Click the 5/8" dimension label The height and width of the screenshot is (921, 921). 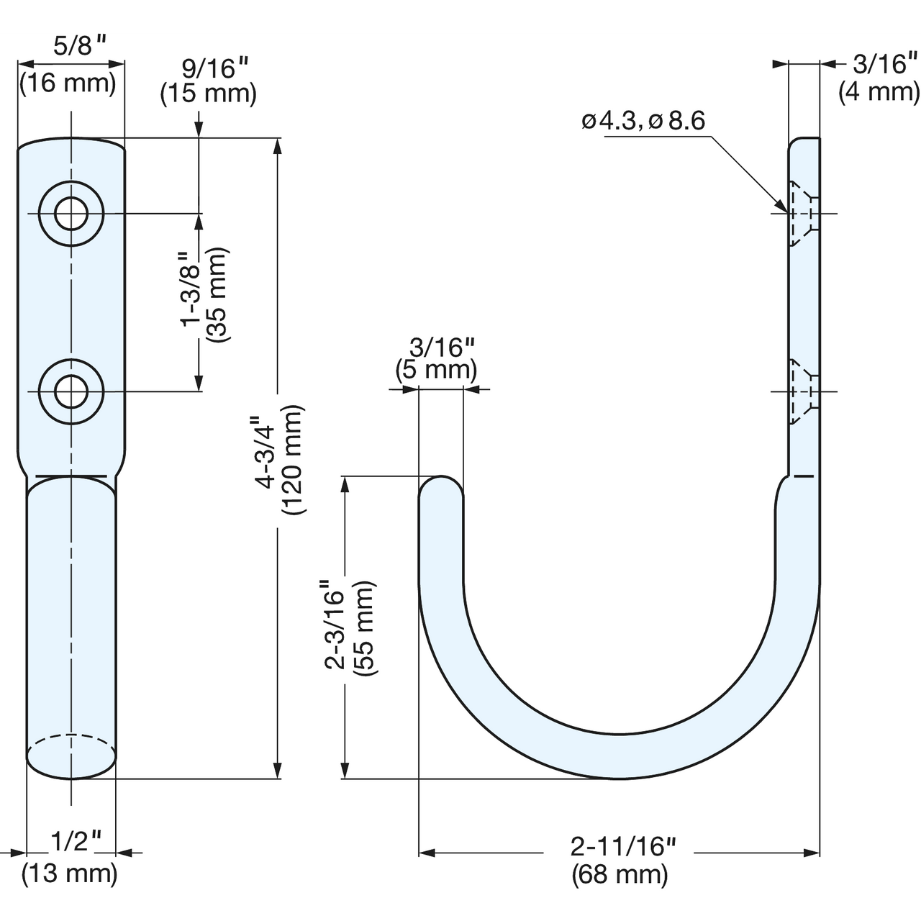(x=78, y=46)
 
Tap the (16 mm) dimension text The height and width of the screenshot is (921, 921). (x=68, y=83)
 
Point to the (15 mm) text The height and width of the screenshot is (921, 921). (x=209, y=93)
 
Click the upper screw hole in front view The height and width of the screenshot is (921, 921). (x=71, y=213)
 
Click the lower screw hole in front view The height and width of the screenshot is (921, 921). (x=71, y=391)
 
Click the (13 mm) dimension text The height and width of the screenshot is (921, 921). (x=70, y=874)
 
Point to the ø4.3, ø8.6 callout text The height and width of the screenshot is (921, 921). (x=643, y=122)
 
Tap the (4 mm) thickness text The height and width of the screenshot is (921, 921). (x=879, y=92)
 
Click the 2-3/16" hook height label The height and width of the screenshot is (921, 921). (x=335, y=625)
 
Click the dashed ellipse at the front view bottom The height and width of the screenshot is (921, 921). (x=71, y=745)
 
